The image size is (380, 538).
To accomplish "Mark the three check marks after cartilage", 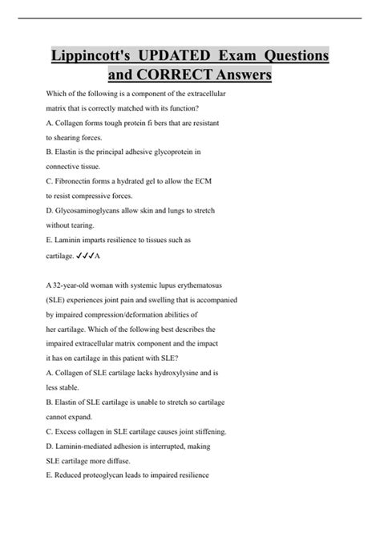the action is click(x=85, y=256).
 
